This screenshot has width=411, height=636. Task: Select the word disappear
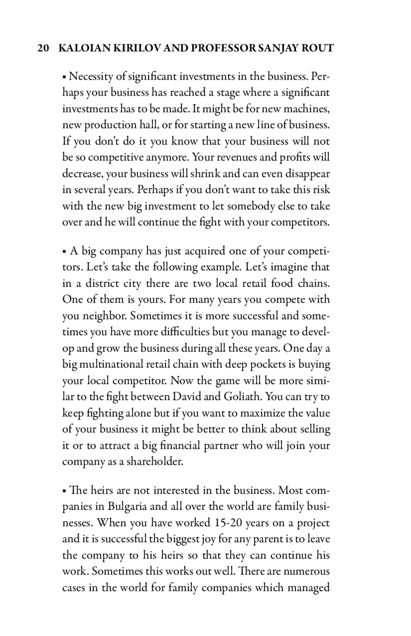(x=307, y=174)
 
